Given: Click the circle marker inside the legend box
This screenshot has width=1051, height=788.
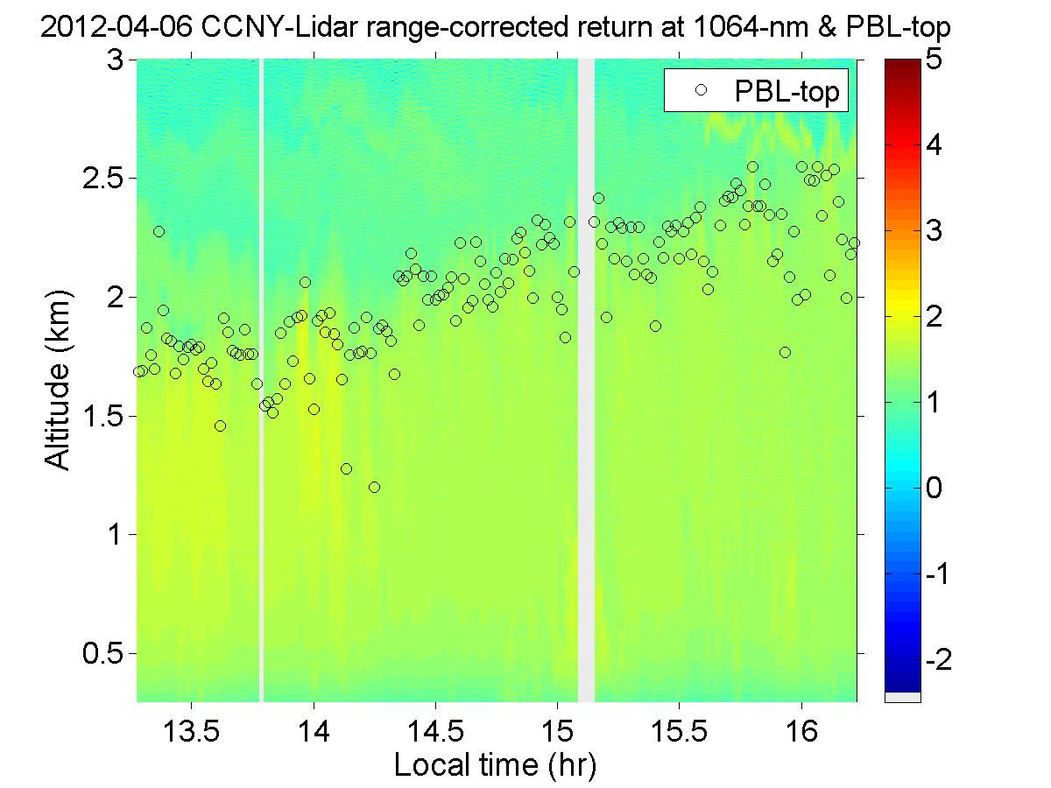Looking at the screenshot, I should pyautogui.click(x=699, y=90).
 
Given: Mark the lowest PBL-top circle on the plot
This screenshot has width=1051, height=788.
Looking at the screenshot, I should pyautogui.click(x=374, y=487).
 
